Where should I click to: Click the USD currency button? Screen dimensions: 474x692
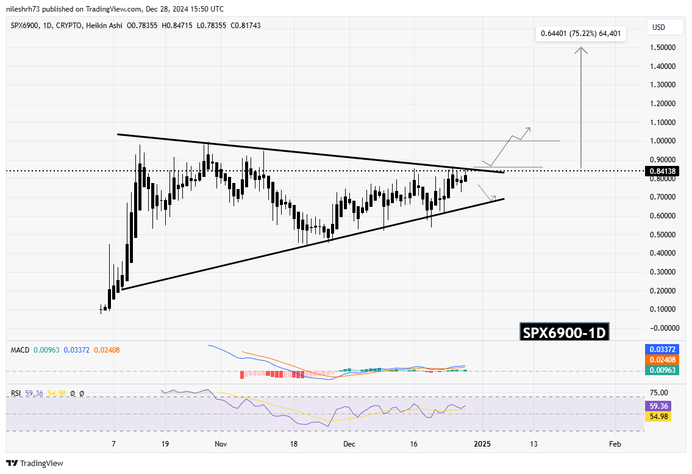click(x=658, y=27)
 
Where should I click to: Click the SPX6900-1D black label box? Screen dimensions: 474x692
click(x=564, y=333)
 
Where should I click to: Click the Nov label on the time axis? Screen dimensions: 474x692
click(x=221, y=445)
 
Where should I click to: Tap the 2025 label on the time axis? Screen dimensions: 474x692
click(x=482, y=445)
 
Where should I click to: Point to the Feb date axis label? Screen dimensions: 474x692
click(x=615, y=445)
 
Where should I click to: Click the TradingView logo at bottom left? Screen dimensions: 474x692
click(x=35, y=463)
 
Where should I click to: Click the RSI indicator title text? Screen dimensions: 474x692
click(x=17, y=393)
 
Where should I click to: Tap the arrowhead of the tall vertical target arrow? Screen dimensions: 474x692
click(x=581, y=50)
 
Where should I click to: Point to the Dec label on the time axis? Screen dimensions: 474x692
click(x=348, y=445)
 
